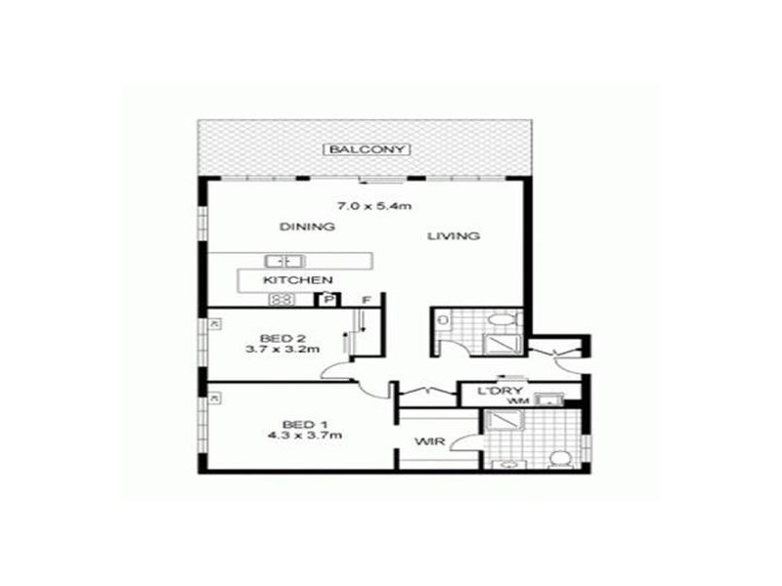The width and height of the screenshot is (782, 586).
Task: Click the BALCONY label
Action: [x=369, y=149]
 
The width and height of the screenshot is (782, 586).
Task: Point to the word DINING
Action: [x=307, y=227]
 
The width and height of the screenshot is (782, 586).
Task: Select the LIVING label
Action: [x=453, y=235]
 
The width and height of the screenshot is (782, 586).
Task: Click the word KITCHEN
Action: [x=291, y=280]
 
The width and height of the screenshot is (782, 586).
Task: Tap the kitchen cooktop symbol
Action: [x=282, y=300]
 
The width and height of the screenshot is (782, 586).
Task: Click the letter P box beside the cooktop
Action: [x=329, y=300]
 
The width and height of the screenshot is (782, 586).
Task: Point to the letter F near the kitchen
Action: [x=368, y=299]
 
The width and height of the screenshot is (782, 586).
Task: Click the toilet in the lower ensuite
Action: [x=560, y=458]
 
